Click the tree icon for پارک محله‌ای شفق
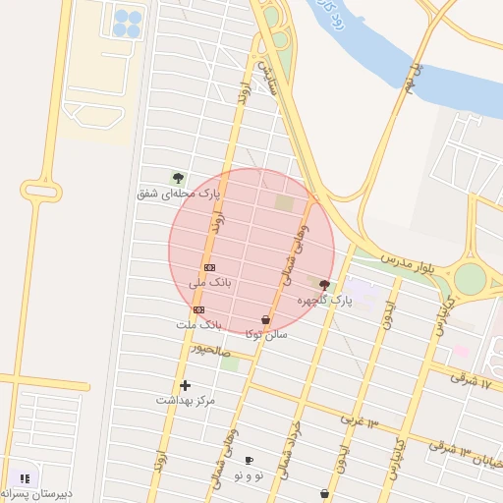pyautogui.click(x=178, y=178)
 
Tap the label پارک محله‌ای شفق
pyautogui.click(x=176, y=194)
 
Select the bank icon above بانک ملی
pyautogui.click(x=209, y=267)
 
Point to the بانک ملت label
pyautogui.click(x=198, y=324)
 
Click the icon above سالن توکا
pyautogui.click(x=265, y=319)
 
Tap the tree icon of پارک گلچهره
pyautogui.click(x=325, y=284)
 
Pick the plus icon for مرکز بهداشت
pyautogui.click(x=185, y=385)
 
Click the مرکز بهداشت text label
pyautogui.click(x=185, y=401)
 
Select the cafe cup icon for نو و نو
pyautogui.click(x=249, y=460)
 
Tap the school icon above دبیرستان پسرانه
pyautogui.click(x=25, y=478)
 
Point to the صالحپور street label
pyautogui.click(x=210, y=349)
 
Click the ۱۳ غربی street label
pyautogui.click(x=360, y=419)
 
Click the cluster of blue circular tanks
pyautogui.click(x=127, y=24)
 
